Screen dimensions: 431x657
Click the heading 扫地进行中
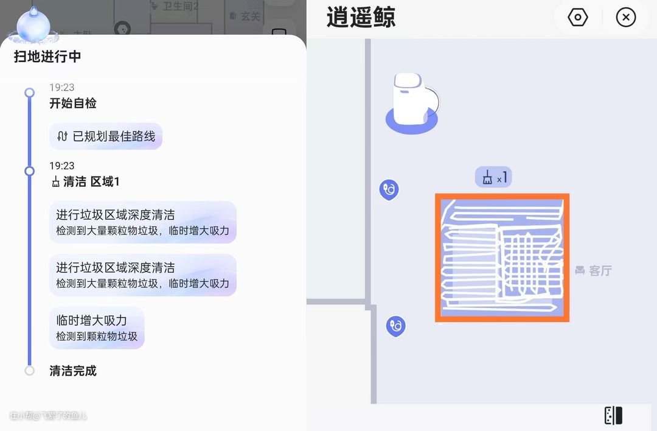pos(47,57)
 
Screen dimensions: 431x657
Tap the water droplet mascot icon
pos(33,25)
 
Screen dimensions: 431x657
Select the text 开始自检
pos(73,103)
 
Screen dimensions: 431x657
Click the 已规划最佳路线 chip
pos(106,136)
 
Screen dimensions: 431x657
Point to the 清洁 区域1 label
pos(86,181)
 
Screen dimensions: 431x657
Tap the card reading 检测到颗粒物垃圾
pos(97,328)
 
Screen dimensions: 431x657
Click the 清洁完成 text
pos(73,371)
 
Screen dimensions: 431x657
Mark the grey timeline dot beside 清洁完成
pos(29,370)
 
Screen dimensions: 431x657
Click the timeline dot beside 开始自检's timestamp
pos(29,93)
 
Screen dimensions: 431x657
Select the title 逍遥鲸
pos(361,17)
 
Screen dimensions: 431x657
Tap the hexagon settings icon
pos(577,17)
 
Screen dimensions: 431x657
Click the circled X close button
pos(625,17)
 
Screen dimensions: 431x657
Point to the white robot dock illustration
pos(412,103)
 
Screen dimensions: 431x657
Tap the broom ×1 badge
pos(493,177)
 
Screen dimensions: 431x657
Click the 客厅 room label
pos(600,270)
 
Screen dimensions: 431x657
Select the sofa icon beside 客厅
pos(580,270)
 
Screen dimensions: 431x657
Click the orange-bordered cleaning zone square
pos(502,258)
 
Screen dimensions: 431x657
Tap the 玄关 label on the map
pos(249,16)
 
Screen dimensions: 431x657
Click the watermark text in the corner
pos(48,416)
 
